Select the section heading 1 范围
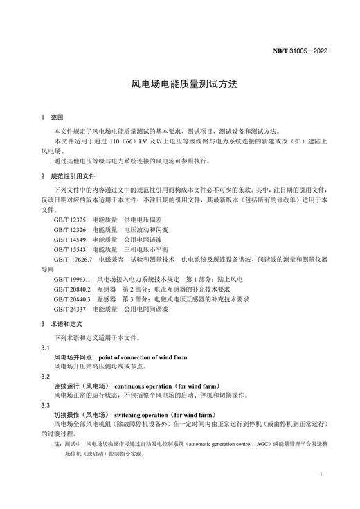[52, 118]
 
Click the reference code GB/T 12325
[70, 219]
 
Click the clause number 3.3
[46, 405]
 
